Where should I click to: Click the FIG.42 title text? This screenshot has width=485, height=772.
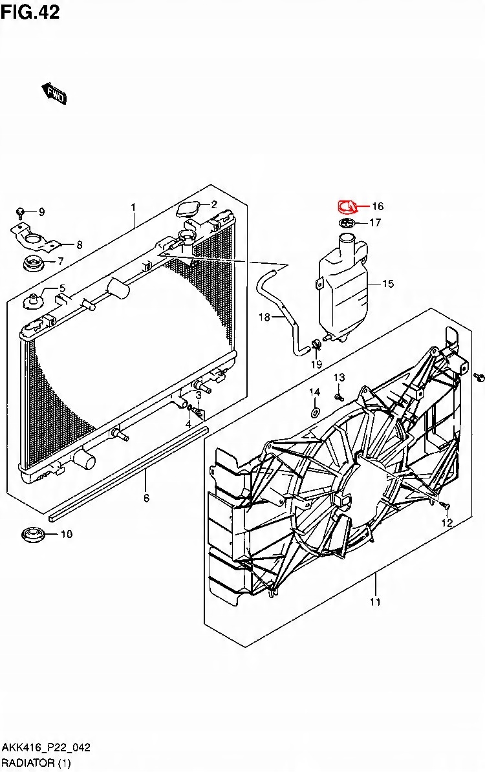(x=30, y=12)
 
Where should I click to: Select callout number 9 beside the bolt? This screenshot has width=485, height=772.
(x=41, y=212)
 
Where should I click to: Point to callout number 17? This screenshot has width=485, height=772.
(x=375, y=223)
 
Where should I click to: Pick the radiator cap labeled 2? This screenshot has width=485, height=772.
(x=188, y=211)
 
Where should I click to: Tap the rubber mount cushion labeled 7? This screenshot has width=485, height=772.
(x=31, y=264)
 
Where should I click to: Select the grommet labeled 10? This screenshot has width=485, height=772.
(x=32, y=535)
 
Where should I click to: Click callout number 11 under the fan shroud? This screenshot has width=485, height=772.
(x=375, y=602)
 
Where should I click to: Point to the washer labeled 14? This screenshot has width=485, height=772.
(x=314, y=412)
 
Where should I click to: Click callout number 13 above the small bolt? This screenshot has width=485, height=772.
(x=339, y=378)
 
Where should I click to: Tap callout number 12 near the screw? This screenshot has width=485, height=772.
(x=446, y=523)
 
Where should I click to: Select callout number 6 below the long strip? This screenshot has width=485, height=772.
(x=146, y=498)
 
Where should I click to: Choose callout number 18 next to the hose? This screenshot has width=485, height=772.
(x=264, y=317)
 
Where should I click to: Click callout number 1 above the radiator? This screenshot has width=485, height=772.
(x=133, y=207)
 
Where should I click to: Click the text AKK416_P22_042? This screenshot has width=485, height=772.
(x=45, y=747)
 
